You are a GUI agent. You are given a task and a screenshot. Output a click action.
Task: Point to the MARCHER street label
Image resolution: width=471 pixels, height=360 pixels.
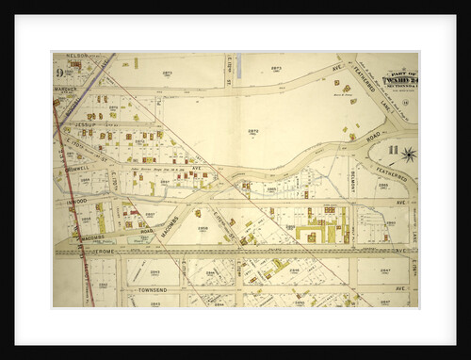tap(66, 91)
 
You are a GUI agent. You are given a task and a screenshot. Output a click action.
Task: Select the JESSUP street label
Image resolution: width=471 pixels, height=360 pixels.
tap(88, 123)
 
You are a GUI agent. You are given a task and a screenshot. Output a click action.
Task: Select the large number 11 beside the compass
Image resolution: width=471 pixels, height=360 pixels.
tap(394, 148)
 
